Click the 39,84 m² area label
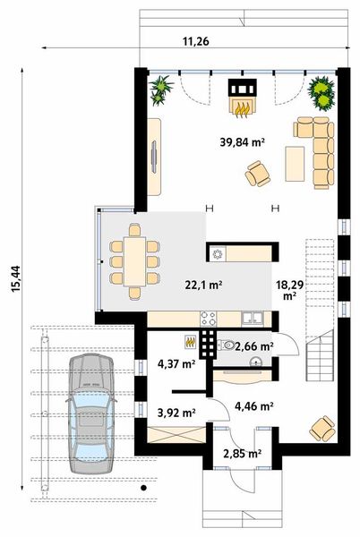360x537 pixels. (242, 141)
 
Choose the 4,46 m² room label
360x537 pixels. (253, 406)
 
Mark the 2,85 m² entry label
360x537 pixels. (242, 455)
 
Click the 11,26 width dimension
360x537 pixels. (195, 40)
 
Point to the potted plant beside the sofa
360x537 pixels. (321, 89)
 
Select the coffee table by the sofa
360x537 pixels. (294, 161)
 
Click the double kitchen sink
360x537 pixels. (252, 317)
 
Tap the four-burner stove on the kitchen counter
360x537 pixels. (209, 317)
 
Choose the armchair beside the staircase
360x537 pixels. (321, 429)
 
